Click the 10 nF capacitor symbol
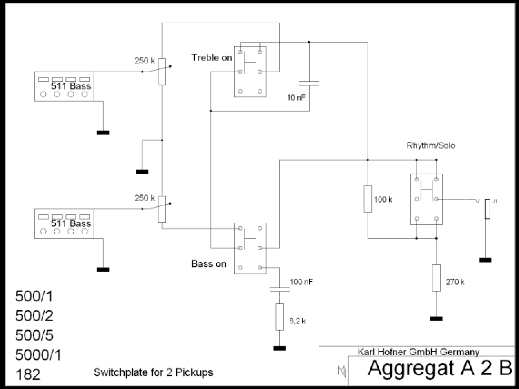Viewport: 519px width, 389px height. pos(309,83)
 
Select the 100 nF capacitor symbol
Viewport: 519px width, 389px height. pos(280,289)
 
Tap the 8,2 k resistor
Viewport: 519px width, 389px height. pos(280,317)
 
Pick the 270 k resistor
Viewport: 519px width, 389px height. pos(436,278)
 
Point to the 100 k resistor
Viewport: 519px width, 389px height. pos(368,199)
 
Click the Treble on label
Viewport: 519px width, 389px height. pos(212,58)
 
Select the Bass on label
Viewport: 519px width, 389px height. pos(209,264)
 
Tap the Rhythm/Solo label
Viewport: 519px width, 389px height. pos(431,145)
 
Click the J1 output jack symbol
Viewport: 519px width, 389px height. pos(487,209)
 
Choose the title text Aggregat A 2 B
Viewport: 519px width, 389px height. pos(440,368)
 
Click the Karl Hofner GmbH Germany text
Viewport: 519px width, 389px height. pos(418,352)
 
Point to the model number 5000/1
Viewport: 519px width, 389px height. pos(38,355)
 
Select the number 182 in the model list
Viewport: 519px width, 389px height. pos(28,374)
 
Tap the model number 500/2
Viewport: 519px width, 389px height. pos(34,316)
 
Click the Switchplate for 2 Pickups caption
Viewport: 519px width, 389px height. pos(153,373)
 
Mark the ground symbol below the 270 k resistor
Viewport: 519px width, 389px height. pos(436,319)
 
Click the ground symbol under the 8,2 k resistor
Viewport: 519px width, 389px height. pos(280,348)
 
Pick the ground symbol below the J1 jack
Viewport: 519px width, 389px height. pos(485,261)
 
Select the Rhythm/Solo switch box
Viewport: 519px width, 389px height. pos(427,199)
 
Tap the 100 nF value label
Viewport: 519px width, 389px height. pos(301,282)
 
